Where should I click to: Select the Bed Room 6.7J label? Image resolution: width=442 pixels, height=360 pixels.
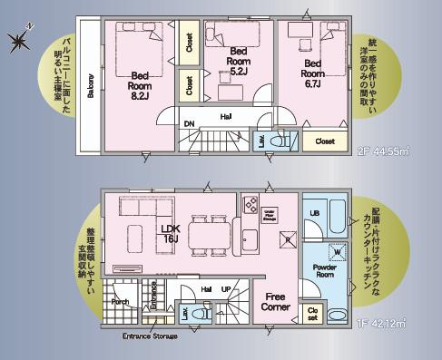point(313,71)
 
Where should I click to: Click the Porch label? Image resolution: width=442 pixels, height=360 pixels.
point(121,301)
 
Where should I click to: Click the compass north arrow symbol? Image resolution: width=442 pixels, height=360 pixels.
point(19,39)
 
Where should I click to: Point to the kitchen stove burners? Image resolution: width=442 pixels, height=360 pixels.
point(250,202)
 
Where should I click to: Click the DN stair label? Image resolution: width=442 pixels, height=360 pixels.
point(190,123)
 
